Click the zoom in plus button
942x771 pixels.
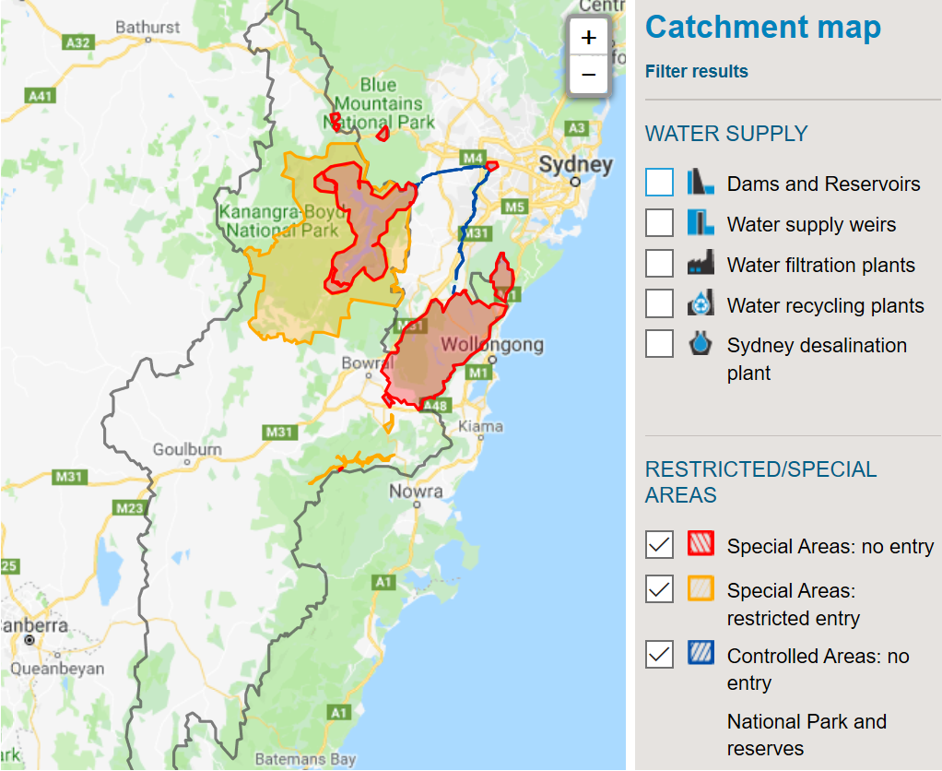pos(589,38)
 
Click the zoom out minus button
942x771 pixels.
pos(589,75)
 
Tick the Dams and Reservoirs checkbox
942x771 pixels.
pos(659,184)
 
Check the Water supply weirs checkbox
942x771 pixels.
pos(659,224)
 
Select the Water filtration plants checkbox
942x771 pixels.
pos(659,265)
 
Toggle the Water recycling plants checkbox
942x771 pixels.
pos(659,304)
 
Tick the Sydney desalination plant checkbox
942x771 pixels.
pos(659,345)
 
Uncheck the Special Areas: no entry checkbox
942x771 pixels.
pos(659,546)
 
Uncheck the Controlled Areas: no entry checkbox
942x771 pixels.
pos(659,656)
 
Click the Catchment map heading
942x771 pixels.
pos(763,28)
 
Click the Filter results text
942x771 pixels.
pos(697,72)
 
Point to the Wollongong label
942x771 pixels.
pos(491,346)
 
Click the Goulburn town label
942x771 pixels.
pos(187,449)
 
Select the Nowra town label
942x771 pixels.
pos(416,492)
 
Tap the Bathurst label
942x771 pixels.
pos(147,27)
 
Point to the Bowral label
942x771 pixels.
pos(367,363)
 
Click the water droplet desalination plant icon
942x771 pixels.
pos(701,345)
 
